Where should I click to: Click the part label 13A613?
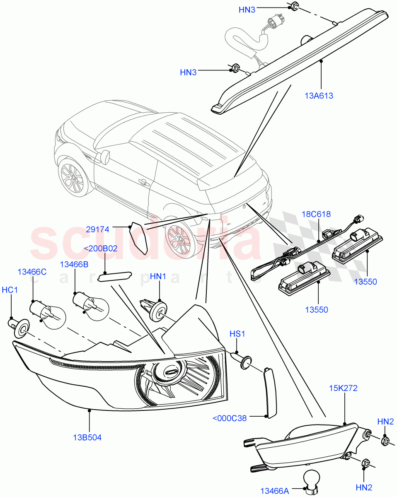pyautogui.click(x=319, y=96)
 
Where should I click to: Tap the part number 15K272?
pyautogui.click(x=343, y=388)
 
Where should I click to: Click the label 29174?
pyautogui.click(x=97, y=229)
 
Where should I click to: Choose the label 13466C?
pyautogui.click(x=31, y=272)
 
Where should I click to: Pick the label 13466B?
pyautogui.click(x=74, y=264)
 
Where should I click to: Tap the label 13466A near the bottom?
pyautogui.click(x=274, y=491)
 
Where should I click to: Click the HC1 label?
pyautogui.click(x=10, y=290)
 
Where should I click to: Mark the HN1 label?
pyautogui.click(x=158, y=276)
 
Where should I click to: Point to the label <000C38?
pyautogui.click(x=229, y=418)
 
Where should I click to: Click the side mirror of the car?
pyautogui.click(x=105, y=157)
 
